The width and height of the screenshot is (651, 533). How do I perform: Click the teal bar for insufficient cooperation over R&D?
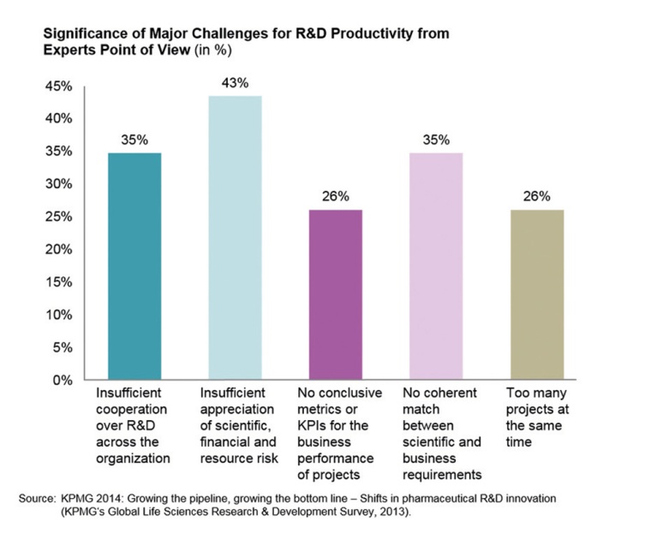pyautogui.click(x=134, y=266)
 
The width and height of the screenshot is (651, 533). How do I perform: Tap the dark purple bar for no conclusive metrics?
pyautogui.click(x=335, y=294)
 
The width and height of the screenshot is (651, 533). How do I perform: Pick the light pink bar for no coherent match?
pyautogui.click(x=436, y=266)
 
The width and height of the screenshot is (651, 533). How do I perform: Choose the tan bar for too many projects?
pyautogui.click(x=536, y=294)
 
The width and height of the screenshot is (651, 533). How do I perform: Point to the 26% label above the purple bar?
pyautogui.click(x=335, y=197)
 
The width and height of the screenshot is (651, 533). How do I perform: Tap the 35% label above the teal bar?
pyautogui.click(x=134, y=139)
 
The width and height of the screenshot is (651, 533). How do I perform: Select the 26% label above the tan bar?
pyautogui.click(x=536, y=197)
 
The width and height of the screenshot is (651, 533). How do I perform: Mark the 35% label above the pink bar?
pyautogui.click(x=436, y=139)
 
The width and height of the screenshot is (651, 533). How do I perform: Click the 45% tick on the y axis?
pyautogui.click(x=57, y=86)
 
